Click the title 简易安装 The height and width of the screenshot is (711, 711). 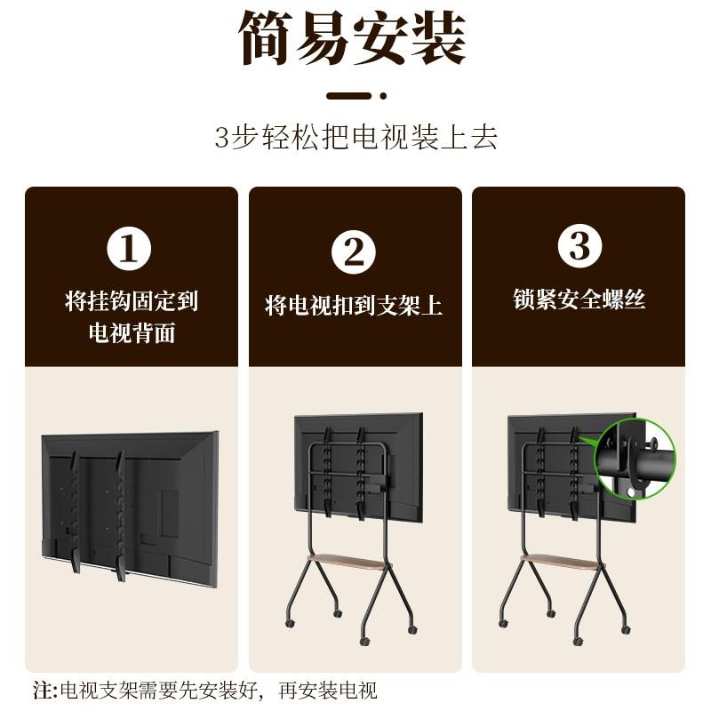click(x=352, y=38)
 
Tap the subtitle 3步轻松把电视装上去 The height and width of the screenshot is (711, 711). click(x=356, y=137)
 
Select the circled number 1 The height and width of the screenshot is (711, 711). click(x=129, y=249)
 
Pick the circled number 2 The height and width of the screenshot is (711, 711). click(x=354, y=252)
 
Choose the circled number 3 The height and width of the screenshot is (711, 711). click(x=580, y=246)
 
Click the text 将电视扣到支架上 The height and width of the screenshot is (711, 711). click(x=354, y=305)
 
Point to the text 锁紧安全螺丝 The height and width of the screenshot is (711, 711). click(x=579, y=300)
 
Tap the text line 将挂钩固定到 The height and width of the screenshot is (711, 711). click(x=132, y=301)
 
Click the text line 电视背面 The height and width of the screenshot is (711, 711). click(x=132, y=332)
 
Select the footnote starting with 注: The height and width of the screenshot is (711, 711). click(x=205, y=691)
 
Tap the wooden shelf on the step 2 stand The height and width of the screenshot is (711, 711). click(x=348, y=563)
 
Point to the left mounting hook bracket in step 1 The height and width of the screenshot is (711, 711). click(x=74, y=512)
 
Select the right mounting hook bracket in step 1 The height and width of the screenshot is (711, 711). click(x=119, y=515)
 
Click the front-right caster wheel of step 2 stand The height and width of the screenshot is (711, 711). click(x=412, y=630)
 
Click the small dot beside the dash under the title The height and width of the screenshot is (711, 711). click(x=383, y=96)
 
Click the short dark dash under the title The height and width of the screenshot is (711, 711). click(x=349, y=96)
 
